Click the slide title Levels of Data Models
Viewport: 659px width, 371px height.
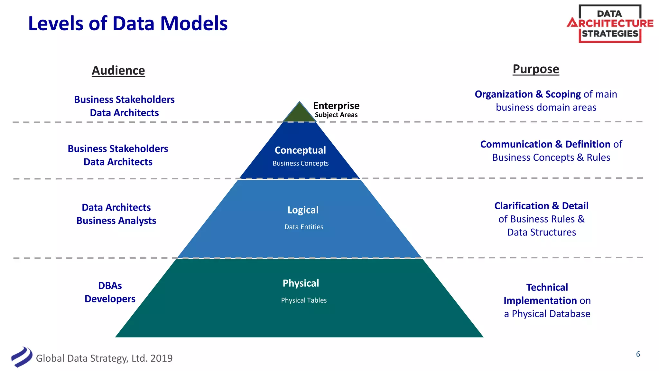pos(128,24)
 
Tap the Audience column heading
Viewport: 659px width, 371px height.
pos(118,71)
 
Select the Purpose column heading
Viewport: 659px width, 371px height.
pos(536,69)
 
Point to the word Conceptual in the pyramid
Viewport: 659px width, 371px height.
pos(300,150)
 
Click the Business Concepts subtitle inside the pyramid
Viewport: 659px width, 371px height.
pos(301,163)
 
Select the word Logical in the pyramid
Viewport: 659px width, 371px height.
pos(303,210)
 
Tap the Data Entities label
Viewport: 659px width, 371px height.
pos(304,227)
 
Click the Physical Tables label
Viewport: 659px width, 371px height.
pos(304,300)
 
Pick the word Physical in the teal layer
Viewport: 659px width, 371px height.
pos(301,283)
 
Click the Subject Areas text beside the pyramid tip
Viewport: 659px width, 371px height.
pos(336,115)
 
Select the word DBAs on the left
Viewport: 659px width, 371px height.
pos(110,286)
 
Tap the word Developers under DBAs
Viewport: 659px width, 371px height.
pos(110,299)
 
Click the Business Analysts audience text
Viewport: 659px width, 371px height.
pos(116,221)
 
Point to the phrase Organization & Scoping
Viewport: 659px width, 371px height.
pos(527,94)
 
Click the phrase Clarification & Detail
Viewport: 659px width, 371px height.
pos(541,206)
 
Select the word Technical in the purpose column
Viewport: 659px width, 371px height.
pos(547,287)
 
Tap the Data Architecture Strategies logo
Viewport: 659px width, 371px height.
pos(610,24)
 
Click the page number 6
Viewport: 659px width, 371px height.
pos(638,354)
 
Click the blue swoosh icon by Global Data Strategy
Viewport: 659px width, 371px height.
pos(22,357)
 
